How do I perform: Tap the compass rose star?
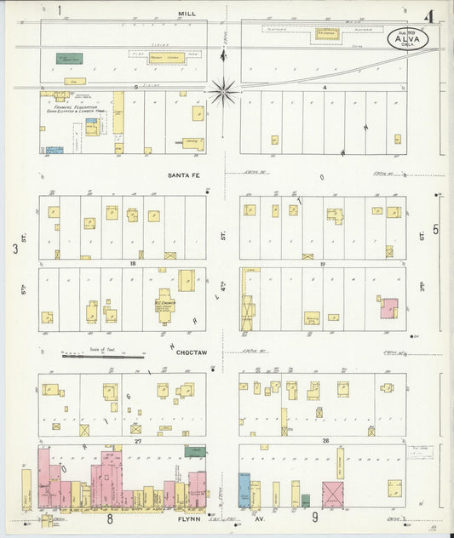tap(224, 90)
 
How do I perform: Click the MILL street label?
tap(187, 14)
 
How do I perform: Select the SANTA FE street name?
tap(182, 175)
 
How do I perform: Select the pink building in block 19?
tap(389, 307)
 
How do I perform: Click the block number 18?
tap(133, 264)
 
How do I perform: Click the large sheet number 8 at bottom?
tap(110, 517)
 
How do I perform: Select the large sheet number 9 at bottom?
tap(314, 517)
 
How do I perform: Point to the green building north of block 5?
tap(69, 59)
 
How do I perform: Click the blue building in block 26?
tap(244, 492)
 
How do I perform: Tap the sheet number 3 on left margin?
tap(14, 249)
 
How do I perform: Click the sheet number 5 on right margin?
tap(436, 229)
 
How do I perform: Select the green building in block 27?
tap(195, 451)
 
